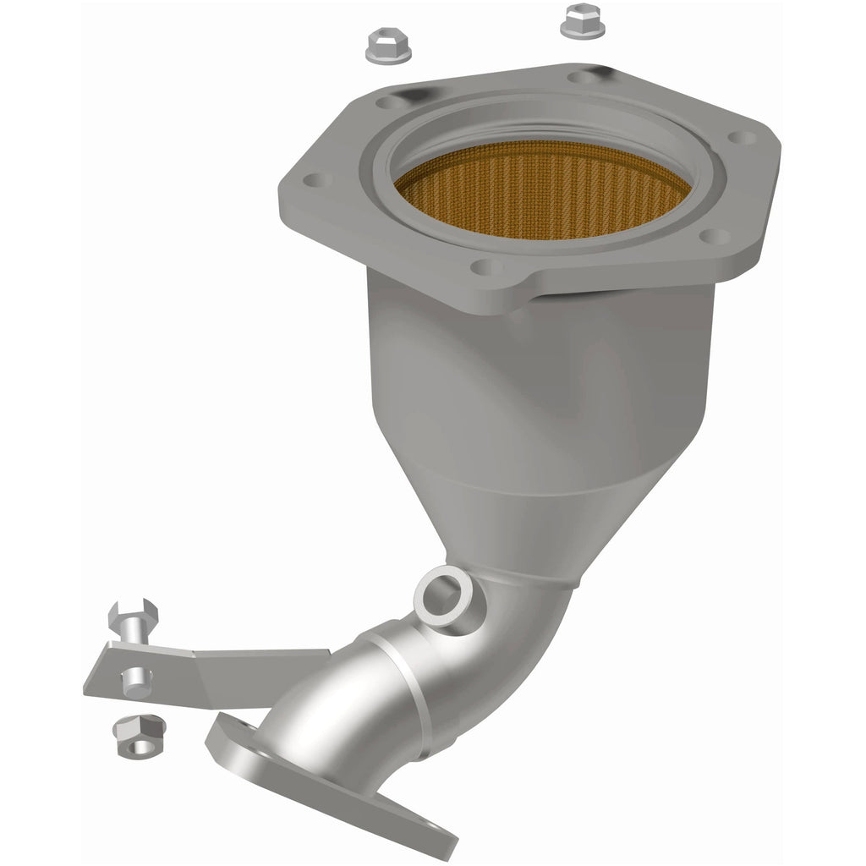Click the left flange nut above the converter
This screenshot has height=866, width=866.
(387, 46)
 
